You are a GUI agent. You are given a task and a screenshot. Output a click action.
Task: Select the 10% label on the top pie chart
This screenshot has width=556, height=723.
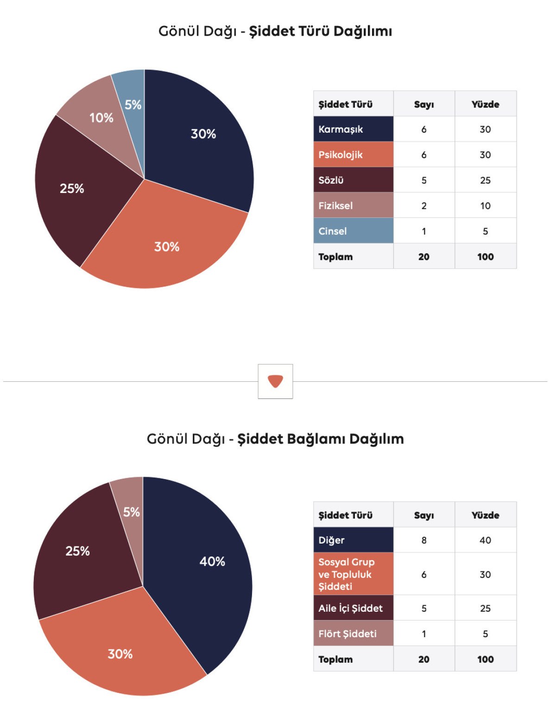(101, 118)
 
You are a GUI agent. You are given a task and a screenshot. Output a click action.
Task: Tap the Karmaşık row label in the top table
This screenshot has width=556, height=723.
(341, 129)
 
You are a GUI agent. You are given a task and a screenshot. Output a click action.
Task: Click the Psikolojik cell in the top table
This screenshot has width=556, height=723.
(341, 155)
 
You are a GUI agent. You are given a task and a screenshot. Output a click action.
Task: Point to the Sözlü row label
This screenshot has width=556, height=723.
(331, 180)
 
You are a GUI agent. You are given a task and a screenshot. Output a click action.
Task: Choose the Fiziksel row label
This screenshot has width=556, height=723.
(336, 206)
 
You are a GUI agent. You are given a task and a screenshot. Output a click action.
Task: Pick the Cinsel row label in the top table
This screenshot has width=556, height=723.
(333, 231)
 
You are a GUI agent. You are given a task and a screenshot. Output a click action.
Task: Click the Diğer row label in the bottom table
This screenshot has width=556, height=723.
(332, 540)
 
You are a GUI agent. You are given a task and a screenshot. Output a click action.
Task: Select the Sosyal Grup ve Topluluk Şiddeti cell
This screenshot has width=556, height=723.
(347, 574)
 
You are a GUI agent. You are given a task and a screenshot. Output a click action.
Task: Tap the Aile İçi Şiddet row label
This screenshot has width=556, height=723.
(351, 608)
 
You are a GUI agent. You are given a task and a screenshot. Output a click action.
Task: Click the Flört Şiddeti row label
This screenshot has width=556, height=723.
(347, 634)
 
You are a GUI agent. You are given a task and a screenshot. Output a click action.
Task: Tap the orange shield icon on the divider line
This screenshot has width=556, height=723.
(275, 381)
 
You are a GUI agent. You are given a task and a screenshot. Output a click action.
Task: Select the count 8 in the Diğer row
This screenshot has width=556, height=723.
(424, 540)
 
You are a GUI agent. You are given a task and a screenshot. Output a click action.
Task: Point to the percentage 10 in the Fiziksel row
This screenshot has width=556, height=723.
(485, 206)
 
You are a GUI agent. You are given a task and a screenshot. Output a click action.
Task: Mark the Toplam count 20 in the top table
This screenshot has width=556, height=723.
(424, 257)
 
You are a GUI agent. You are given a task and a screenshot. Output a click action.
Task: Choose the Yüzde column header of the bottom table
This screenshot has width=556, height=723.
(485, 515)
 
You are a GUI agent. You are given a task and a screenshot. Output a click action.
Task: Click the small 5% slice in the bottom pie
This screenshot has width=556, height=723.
(130, 505)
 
